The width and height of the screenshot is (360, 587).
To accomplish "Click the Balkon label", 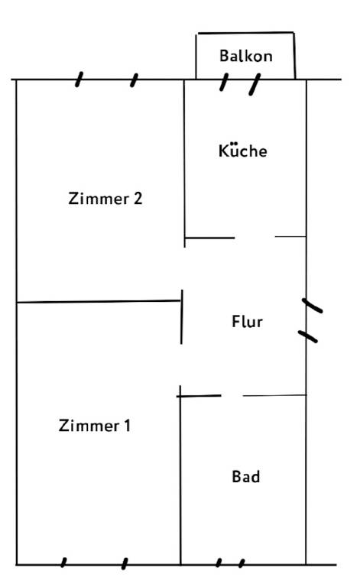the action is click(246, 56).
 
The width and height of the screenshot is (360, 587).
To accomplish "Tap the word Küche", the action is click(243, 151).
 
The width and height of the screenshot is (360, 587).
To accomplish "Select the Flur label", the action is click(247, 322).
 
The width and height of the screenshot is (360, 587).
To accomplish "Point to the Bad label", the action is click(246, 477).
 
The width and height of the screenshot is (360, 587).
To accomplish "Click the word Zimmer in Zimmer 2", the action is click(99, 199).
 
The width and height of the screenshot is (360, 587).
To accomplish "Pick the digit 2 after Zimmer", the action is click(138, 199).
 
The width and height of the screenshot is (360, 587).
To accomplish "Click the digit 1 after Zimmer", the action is click(127, 426).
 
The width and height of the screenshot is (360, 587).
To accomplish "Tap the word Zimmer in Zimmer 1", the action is click(89, 426).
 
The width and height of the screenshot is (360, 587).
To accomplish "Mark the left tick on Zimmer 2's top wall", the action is click(79, 79).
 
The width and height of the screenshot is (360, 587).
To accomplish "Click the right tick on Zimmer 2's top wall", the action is click(134, 80).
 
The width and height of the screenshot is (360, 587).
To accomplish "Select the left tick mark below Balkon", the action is click(224, 82).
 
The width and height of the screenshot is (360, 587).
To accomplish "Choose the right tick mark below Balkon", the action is click(255, 84).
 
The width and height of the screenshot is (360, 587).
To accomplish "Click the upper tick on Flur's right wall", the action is click(312, 306).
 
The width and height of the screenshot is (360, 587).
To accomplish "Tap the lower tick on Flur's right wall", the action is click(308, 336).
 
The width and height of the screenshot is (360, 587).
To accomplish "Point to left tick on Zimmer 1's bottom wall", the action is click(63, 563).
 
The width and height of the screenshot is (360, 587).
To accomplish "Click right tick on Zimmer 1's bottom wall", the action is click(125, 564).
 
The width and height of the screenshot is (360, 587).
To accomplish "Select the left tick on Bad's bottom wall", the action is click(219, 563).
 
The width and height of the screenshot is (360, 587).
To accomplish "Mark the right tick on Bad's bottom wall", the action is click(242, 563).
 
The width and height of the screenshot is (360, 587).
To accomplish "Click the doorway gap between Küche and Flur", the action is click(255, 237).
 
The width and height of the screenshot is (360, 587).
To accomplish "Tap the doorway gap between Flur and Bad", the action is click(232, 395).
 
